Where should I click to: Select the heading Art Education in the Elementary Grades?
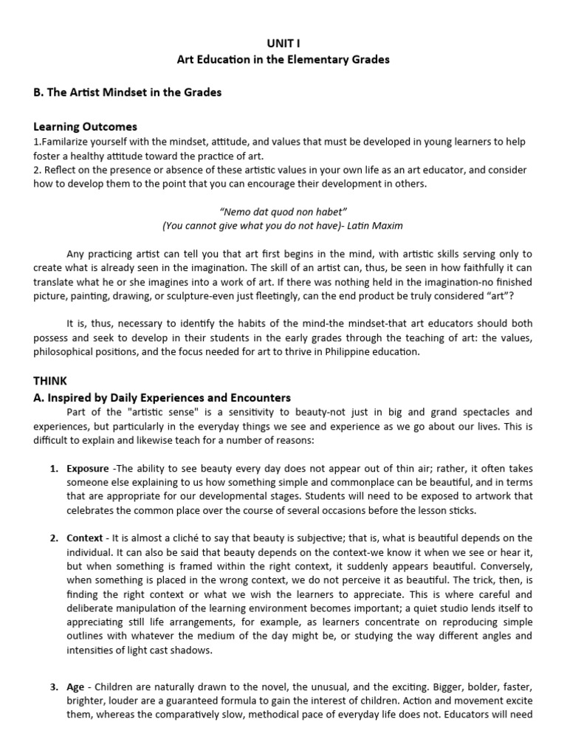click(283, 60)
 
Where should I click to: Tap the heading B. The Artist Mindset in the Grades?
click(127, 93)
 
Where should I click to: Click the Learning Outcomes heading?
click(85, 127)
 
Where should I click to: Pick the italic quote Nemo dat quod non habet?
click(283, 212)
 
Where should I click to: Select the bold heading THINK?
click(50, 381)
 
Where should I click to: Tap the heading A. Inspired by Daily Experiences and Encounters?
click(162, 397)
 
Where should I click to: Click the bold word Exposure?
click(87, 469)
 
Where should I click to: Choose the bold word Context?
click(85, 537)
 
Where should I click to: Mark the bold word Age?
click(75, 687)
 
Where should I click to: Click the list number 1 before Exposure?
click(53, 469)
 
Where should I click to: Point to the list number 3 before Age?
click(53, 687)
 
